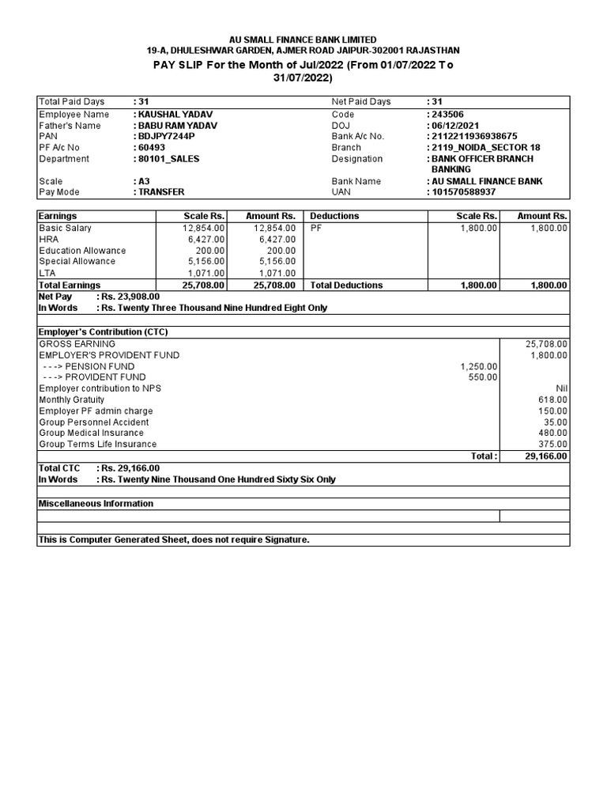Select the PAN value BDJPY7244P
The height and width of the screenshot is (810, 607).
tap(168, 136)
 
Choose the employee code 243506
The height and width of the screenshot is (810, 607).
tap(447, 114)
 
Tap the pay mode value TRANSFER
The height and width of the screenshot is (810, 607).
tap(162, 191)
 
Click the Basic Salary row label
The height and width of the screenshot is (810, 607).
tap(65, 228)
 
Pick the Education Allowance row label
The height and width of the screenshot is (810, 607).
tap(82, 250)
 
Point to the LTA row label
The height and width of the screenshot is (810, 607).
tap(47, 273)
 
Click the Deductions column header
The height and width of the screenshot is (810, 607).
tap(334, 216)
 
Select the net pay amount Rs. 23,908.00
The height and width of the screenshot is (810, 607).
tap(128, 297)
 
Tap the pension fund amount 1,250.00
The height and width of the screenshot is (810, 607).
tap(479, 366)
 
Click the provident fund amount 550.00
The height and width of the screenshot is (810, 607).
tap(484, 377)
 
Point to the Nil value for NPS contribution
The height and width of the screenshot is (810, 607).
tap(560, 388)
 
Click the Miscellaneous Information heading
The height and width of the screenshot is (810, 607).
tap(96, 503)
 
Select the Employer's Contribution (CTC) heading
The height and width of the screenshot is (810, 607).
tap(103, 331)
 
